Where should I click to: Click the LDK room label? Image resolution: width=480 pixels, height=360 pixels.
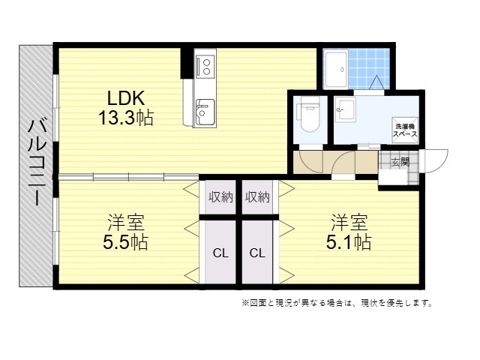point(125,98)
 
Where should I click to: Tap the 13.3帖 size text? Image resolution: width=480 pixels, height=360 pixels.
point(125,118)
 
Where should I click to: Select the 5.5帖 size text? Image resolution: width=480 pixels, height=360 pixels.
point(125,242)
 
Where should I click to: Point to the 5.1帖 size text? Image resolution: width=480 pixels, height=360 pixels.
point(349,242)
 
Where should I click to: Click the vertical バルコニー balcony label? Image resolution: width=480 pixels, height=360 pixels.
point(37,163)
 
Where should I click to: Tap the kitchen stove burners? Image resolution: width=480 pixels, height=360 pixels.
point(205,67)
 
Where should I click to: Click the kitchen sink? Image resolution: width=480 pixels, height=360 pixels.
point(205,112)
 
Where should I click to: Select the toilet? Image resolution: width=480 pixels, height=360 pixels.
point(310,114)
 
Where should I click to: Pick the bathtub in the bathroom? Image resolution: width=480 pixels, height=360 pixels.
point(336,69)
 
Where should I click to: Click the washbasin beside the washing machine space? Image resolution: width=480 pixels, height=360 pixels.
point(345,109)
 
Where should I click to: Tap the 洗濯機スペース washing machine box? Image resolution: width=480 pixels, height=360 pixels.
point(405,130)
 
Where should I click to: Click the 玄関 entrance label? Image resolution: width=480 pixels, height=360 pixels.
point(400,162)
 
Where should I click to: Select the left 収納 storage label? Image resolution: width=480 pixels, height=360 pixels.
point(220,197)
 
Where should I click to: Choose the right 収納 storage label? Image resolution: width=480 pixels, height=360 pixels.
point(257,197)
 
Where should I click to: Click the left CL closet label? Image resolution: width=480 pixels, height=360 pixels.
point(220,253)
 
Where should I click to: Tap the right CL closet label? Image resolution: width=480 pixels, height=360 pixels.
point(257,253)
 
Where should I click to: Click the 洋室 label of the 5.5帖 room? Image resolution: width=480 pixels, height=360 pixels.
point(125,223)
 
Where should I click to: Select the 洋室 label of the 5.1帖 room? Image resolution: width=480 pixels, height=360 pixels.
point(349,223)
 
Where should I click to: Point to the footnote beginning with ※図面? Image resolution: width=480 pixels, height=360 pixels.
point(337,303)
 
